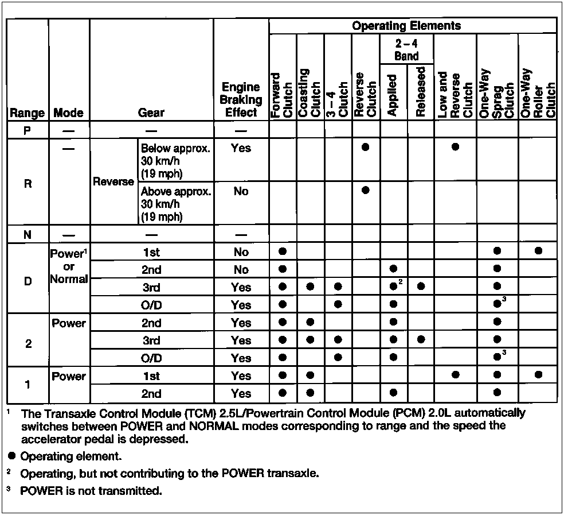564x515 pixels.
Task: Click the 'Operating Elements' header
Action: point(406,26)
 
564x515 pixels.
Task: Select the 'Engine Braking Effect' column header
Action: point(241,99)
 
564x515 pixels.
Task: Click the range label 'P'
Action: point(27,130)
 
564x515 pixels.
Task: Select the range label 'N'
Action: point(27,234)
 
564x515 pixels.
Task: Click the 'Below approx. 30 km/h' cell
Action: point(175,159)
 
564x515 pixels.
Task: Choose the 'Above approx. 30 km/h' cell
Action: point(175,204)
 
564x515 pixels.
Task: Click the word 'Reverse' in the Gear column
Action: point(113,181)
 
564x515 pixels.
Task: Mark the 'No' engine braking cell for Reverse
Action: point(241,191)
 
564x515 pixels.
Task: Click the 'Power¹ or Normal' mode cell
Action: point(69,266)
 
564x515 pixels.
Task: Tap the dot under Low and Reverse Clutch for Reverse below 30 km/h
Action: point(455,147)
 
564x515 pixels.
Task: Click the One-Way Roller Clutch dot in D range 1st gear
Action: point(538,251)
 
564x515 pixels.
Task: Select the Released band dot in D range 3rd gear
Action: point(421,286)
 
